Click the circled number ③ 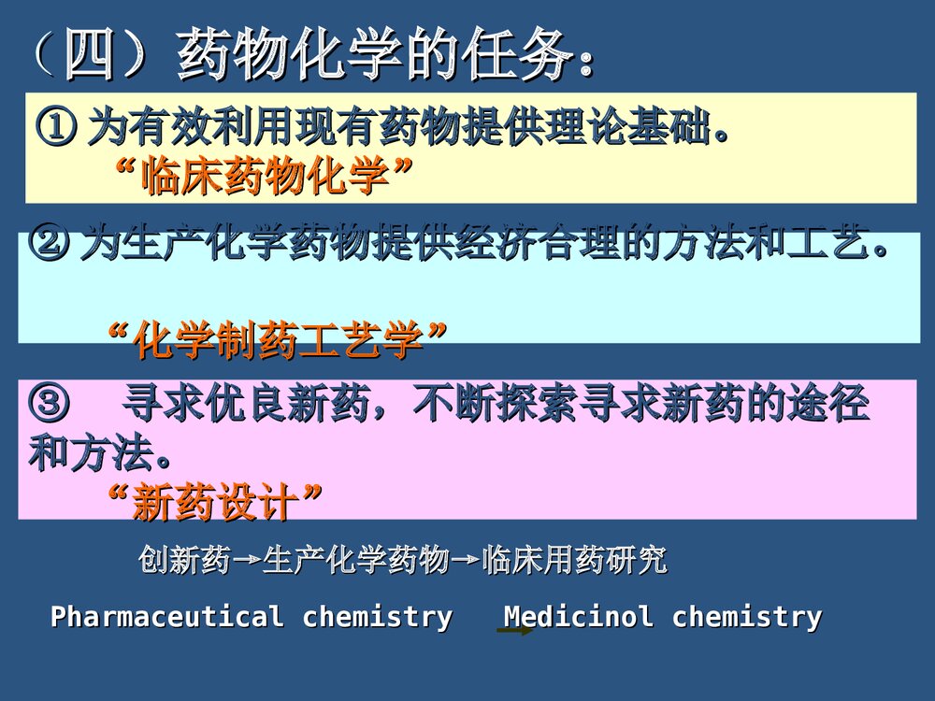[49, 405]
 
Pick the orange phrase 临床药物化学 [265, 176]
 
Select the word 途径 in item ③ [828, 405]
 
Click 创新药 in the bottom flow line [184, 560]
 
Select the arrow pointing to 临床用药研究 [467, 562]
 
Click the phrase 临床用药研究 [574, 560]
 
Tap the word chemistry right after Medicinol [747, 617]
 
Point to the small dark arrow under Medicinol [515, 632]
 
